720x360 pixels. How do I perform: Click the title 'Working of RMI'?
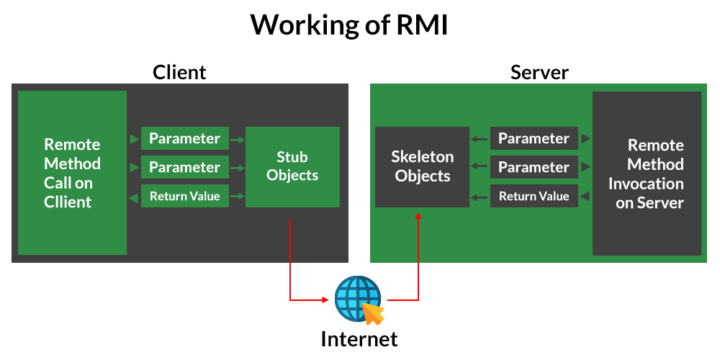click(349, 24)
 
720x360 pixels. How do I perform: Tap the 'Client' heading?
click(179, 73)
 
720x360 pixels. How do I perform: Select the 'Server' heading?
click(539, 73)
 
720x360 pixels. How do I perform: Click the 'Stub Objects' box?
click(292, 167)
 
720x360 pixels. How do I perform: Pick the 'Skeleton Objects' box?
click(423, 167)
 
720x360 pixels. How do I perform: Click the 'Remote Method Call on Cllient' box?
click(72, 173)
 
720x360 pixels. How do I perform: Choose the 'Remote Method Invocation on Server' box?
click(647, 173)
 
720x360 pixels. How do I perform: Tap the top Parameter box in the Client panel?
click(184, 138)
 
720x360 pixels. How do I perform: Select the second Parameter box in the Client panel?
click(184, 167)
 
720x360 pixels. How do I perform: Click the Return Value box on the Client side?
click(184, 196)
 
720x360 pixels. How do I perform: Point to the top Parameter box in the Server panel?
click(534, 138)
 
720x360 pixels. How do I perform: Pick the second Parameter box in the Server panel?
click(534, 167)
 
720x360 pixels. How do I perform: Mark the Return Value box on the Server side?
click(534, 196)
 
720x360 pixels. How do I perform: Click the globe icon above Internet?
click(358, 299)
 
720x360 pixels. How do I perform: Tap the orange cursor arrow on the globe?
click(372, 313)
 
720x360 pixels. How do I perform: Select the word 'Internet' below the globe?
click(359, 339)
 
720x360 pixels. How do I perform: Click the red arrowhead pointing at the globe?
click(325, 300)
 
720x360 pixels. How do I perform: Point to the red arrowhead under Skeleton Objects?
click(418, 215)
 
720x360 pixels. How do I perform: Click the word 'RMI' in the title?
click(421, 24)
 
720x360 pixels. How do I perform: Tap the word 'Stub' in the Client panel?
click(292, 157)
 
